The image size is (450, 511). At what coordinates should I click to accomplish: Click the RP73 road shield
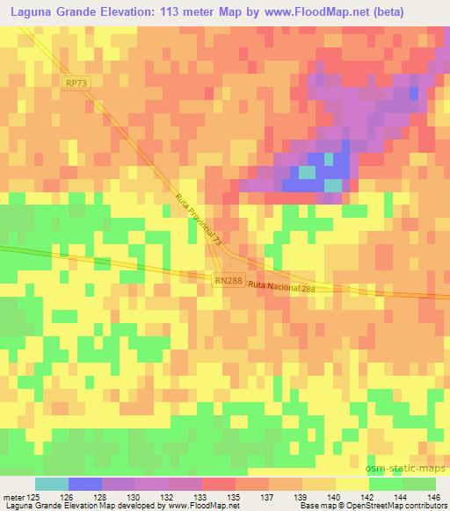pyautogui.click(x=76, y=82)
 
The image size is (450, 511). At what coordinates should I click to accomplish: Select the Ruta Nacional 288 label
pyautogui.click(x=281, y=288)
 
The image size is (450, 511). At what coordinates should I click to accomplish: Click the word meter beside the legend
pyautogui.click(x=15, y=496)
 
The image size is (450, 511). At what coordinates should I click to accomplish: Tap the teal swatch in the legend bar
pyautogui.click(x=51, y=484)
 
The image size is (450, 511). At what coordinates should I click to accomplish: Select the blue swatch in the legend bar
pyautogui.click(x=84, y=484)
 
